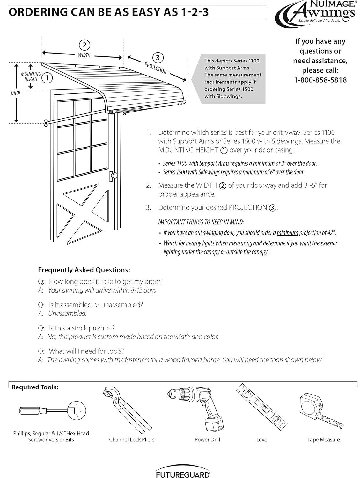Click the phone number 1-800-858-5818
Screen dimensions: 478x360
pyautogui.click(x=320, y=80)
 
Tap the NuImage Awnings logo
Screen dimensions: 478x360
pyautogui.click(x=315, y=12)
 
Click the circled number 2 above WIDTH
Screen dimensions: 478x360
pyautogui.click(x=84, y=45)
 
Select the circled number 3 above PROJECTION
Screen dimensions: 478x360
pyautogui.click(x=158, y=58)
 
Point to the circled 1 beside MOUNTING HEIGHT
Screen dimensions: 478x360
pyautogui.click(x=47, y=77)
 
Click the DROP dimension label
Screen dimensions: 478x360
pyautogui.click(x=16, y=93)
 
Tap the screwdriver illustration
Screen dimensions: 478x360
pyautogui.click(x=51, y=411)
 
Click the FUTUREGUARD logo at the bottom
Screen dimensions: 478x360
pyautogui.click(x=183, y=474)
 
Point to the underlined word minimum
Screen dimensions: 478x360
pyautogui.click(x=287, y=233)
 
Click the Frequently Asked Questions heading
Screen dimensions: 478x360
pyautogui.click(x=84, y=270)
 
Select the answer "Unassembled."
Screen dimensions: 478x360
pyautogui.click(x=67, y=314)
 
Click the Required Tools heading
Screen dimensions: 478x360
pyautogui.click(x=35, y=387)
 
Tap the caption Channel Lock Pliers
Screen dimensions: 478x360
pyautogui.click(x=131, y=440)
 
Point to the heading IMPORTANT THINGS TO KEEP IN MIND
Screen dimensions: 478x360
pyautogui.click(x=201, y=222)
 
